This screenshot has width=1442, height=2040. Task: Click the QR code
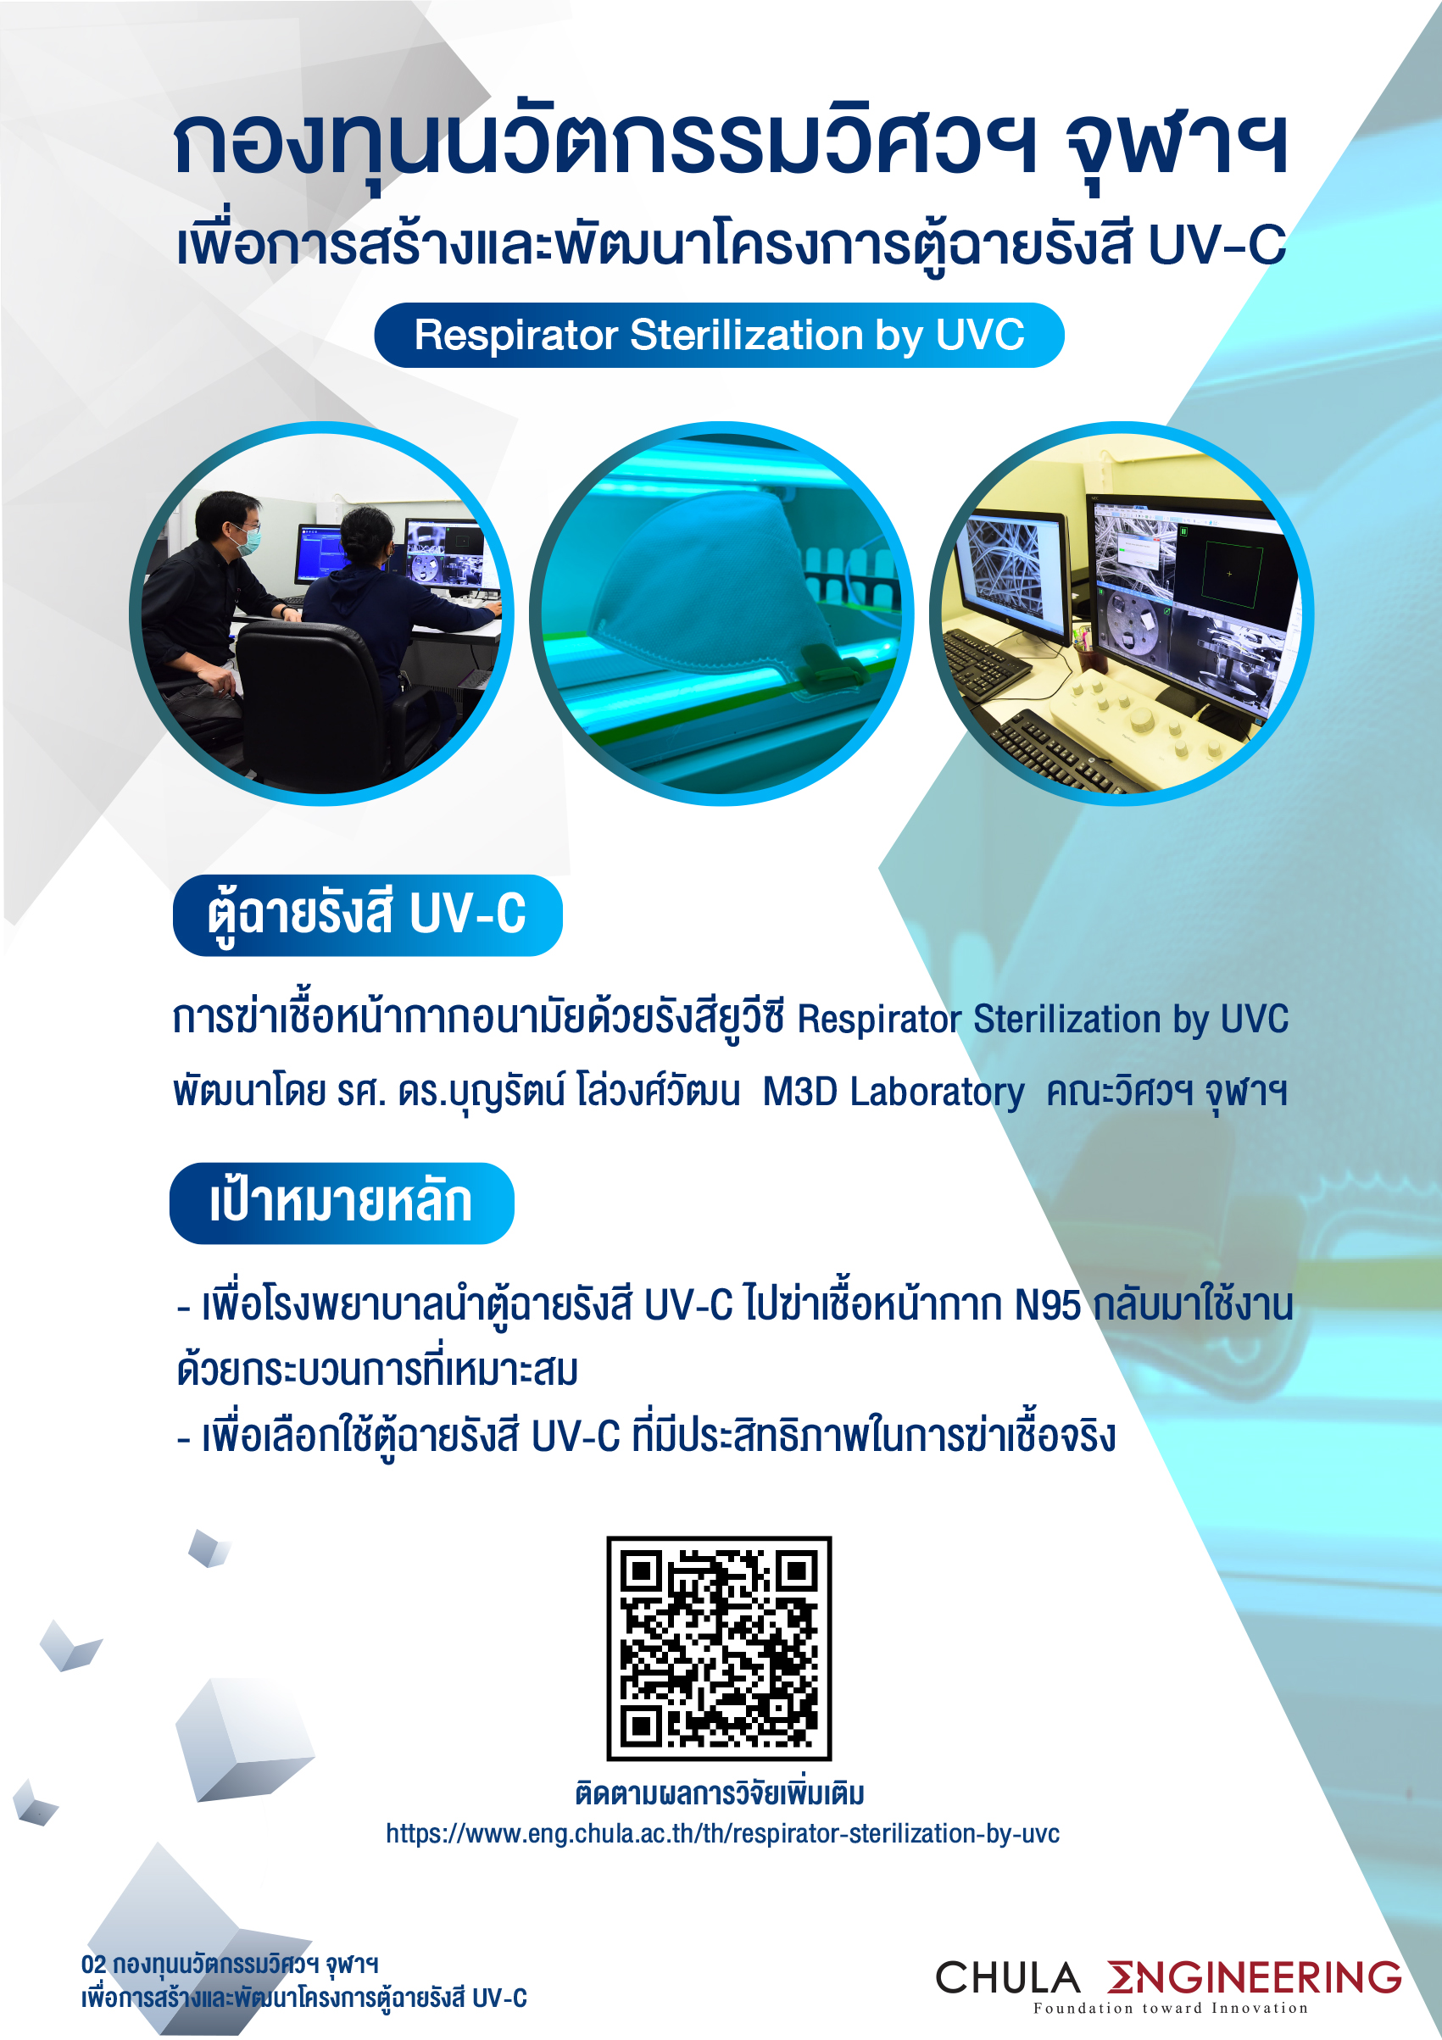click(x=719, y=1648)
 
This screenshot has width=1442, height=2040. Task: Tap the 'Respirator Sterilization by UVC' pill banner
click(x=719, y=335)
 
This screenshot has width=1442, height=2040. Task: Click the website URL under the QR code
click(x=722, y=1833)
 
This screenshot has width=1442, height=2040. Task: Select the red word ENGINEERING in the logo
click(x=1255, y=1977)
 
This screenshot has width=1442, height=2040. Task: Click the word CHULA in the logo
click(x=1007, y=1978)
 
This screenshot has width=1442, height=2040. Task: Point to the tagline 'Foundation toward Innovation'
click(x=1170, y=2008)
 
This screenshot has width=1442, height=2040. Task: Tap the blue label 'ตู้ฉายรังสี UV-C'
click(x=367, y=915)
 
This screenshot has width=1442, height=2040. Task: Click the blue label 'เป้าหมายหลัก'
click(x=341, y=1203)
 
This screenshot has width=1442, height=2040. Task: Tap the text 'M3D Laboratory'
click(x=893, y=1092)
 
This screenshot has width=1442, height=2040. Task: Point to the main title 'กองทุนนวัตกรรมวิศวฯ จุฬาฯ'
click(x=731, y=147)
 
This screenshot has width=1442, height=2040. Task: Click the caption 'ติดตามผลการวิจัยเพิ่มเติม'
click(x=720, y=1793)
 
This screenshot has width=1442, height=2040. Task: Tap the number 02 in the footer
click(x=93, y=1964)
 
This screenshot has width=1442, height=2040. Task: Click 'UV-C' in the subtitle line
click(x=1217, y=245)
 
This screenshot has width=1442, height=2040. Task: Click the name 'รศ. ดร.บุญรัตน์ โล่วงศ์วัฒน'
click(x=538, y=1092)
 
